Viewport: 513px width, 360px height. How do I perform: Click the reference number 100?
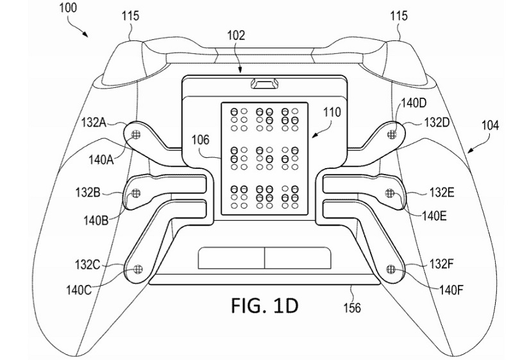(x=68, y=7)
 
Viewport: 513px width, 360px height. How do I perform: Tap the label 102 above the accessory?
(x=236, y=35)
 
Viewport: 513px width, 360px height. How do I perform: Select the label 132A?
(x=94, y=123)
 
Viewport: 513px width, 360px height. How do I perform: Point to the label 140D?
(x=413, y=103)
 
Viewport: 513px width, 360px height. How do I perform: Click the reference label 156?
(x=352, y=307)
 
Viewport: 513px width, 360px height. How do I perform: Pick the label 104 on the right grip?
(x=490, y=125)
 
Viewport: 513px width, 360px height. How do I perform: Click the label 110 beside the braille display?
(x=332, y=112)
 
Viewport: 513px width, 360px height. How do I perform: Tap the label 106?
(x=200, y=140)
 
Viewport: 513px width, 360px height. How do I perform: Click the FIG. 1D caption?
(x=265, y=305)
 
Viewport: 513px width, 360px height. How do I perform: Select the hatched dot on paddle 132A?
(x=136, y=133)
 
